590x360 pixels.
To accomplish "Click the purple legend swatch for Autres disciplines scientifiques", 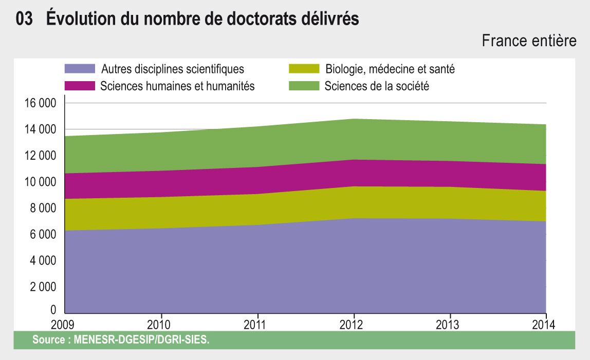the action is (80, 68).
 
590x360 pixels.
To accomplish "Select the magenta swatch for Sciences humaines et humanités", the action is (80, 86).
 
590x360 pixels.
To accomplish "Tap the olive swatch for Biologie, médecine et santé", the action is (304, 68).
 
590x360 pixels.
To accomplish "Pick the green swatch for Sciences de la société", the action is (304, 86).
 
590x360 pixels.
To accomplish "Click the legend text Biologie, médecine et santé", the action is (390, 69).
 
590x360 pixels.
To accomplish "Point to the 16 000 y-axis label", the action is (40, 103).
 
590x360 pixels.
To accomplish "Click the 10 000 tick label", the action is (40, 182).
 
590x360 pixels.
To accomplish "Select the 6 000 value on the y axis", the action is (43, 234).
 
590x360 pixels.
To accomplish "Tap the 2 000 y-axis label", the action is (43, 287).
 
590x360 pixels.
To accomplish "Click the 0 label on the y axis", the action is (53, 310).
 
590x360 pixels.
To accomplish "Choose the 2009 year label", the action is (63, 325).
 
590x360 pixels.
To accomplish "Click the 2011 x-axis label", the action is (255, 325).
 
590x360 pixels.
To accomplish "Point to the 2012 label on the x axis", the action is (351, 325).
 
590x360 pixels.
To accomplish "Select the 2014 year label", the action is (544, 325).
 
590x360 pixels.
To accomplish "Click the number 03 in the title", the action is (24, 18).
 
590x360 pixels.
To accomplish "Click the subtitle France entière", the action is (529, 41).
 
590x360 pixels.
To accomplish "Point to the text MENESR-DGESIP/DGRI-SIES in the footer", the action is (141, 339).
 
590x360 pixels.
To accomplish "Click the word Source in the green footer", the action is (49, 339).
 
